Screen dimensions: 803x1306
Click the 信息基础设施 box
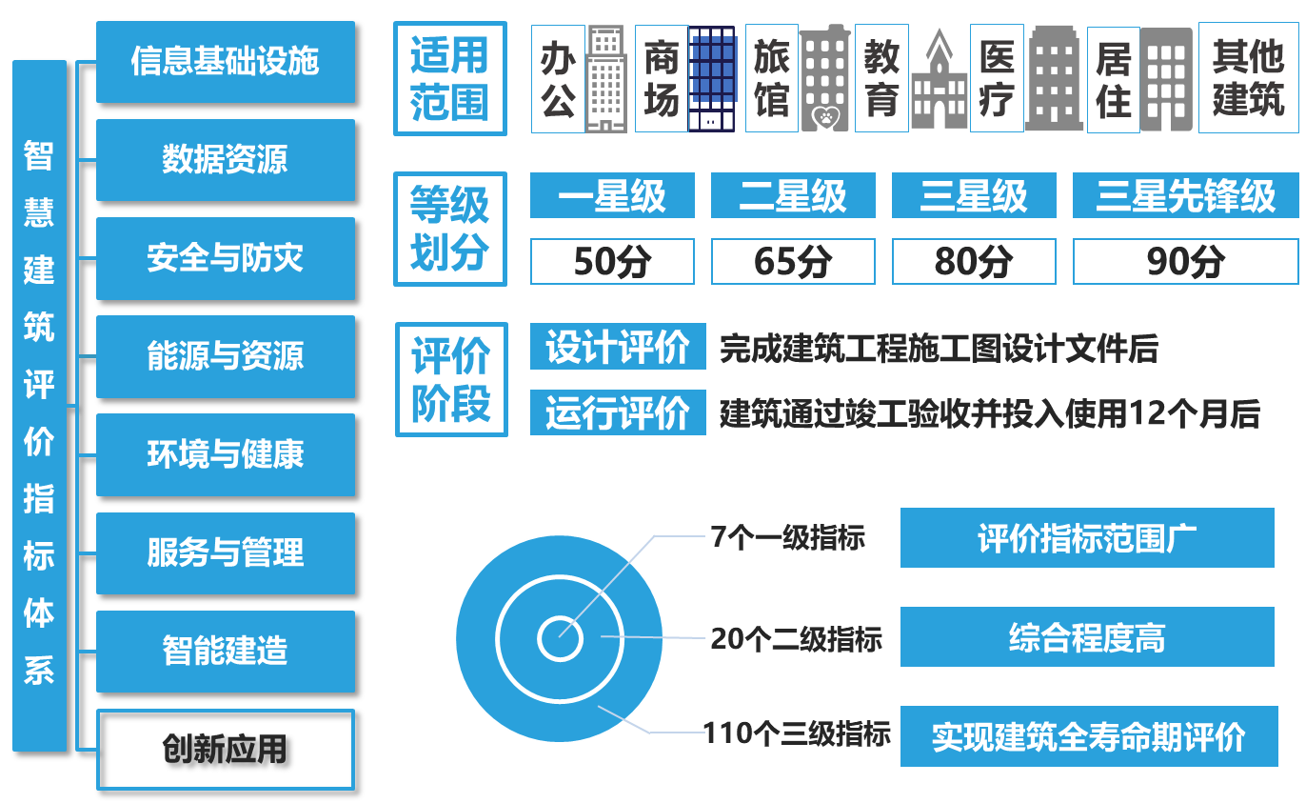(x=226, y=62)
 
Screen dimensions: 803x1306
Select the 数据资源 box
(x=226, y=160)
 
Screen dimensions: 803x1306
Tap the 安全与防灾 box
(x=226, y=258)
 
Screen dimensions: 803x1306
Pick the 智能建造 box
(x=226, y=652)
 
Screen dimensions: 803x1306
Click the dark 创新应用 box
(x=226, y=750)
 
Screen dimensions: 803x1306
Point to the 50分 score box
(x=612, y=261)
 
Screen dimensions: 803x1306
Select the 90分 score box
(x=1185, y=261)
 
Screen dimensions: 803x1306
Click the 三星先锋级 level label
(x=1185, y=196)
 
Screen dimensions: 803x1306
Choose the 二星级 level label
(x=793, y=196)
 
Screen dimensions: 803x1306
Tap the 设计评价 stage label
(x=618, y=347)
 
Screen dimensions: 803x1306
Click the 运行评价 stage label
(x=618, y=413)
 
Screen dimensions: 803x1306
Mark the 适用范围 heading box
(x=450, y=78)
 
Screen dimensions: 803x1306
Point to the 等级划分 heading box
(x=450, y=229)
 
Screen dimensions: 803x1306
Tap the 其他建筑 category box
(x=1248, y=77)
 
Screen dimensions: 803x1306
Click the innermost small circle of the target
(x=560, y=639)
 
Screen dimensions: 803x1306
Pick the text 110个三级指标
(x=798, y=733)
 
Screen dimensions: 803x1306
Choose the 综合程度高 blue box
(x=1087, y=637)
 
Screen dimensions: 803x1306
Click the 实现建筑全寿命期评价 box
(x=1089, y=736)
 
